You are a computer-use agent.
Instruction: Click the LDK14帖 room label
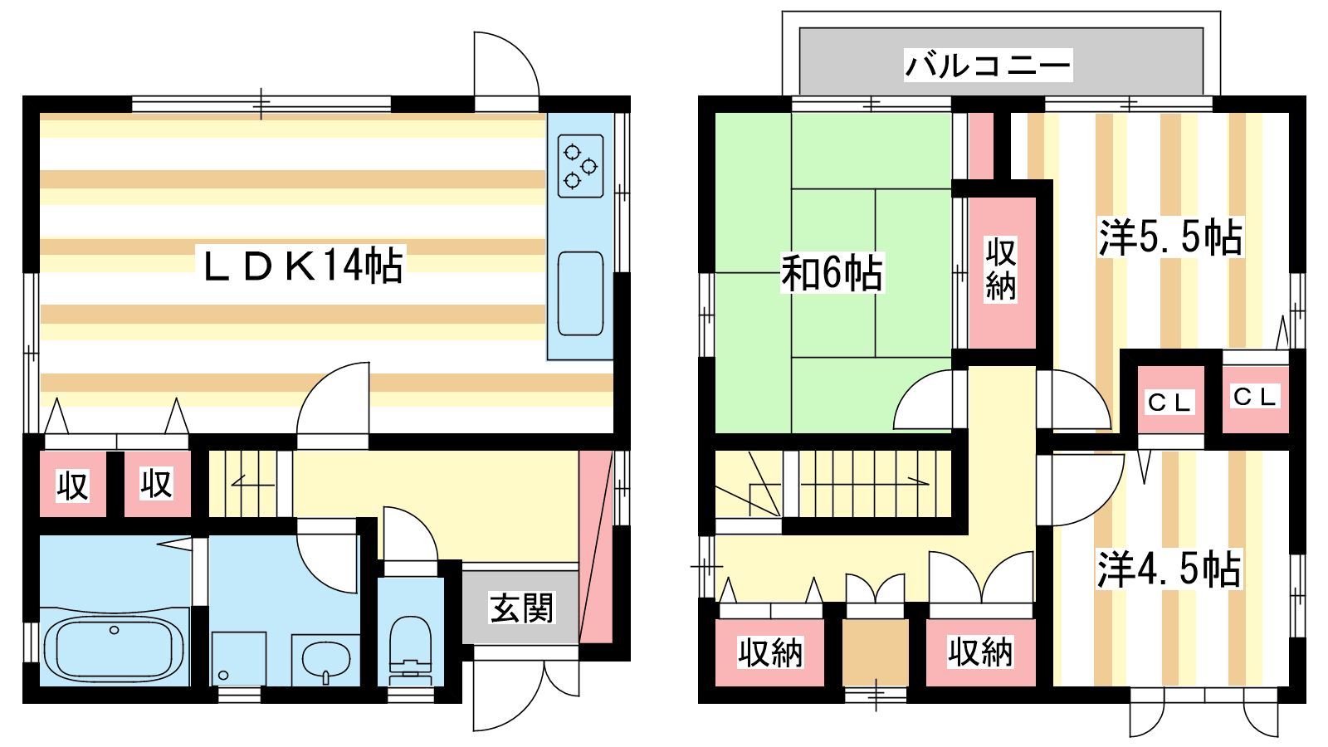(x=302, y=266)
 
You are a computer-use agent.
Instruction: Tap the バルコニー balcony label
(x=988, y=65)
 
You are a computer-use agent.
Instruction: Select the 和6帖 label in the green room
(x=832, y=273)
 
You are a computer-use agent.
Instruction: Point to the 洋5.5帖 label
(x=1171, y=237)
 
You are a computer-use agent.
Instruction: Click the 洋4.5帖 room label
(x=1169, y=569)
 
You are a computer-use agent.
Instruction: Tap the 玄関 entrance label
(x=521, y=608)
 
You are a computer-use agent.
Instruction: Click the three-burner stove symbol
(x=580, y=166)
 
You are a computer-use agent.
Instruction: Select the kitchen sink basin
(x=580, y=294)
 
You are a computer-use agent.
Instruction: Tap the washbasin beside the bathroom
(x=325, y=660)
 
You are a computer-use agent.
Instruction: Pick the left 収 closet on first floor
(x=73, y=484)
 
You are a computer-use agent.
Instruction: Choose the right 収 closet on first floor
(x=157, y=484)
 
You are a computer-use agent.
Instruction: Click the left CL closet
(x=1170, y=399)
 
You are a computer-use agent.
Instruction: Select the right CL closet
(x=1255, y=399)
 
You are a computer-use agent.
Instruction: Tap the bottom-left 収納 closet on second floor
(x=769, y=652)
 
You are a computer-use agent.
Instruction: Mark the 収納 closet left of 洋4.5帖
(x=980, y=652)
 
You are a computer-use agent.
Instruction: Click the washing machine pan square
(x=239, y=659)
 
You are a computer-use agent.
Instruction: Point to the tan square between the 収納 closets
(x=876, y=652)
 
